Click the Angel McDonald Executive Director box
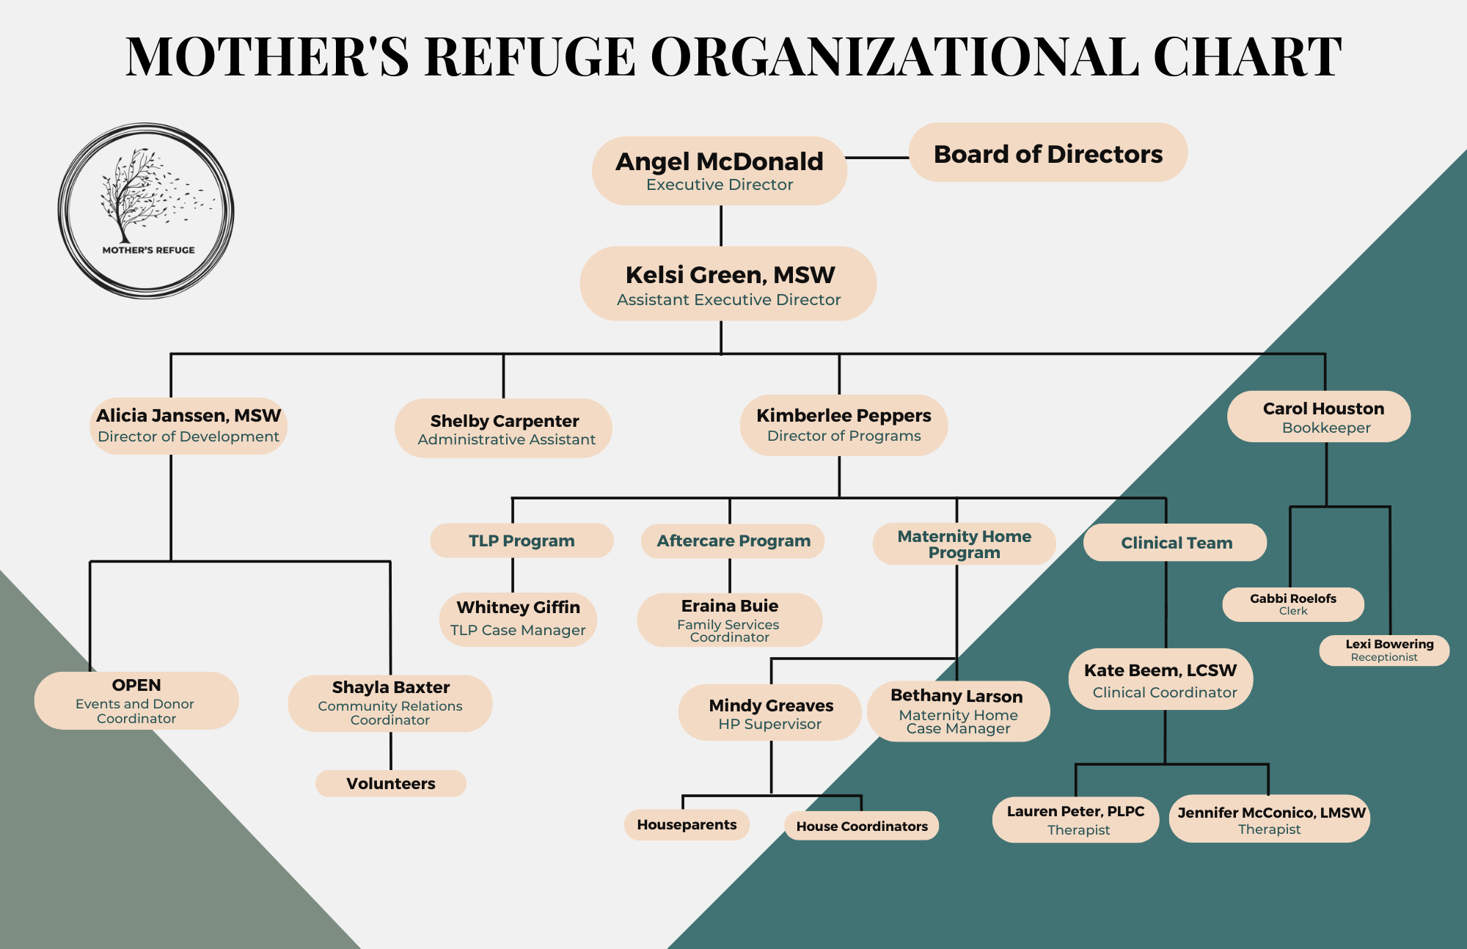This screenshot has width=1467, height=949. pos(720,171)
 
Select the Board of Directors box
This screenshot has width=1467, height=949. pos(1048,153)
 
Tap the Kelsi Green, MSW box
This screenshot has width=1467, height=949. pos(728,284)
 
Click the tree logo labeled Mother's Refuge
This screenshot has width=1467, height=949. pos(146,210)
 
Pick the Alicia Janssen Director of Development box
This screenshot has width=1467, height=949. pos(189,425)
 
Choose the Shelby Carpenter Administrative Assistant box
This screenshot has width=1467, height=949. pos(504,429)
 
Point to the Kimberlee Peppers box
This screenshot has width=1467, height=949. pos(844,425)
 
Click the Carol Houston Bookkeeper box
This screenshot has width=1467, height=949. pos(1319,417)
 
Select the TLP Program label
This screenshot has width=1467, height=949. pos(522,541)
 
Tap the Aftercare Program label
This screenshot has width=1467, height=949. pos(733,541)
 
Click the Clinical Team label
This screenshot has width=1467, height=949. pos(1175,543)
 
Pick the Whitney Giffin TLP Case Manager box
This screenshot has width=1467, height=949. pos(518,619)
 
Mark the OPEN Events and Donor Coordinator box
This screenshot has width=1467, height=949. pos(136,700)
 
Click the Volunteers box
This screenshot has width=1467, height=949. pos(391,783)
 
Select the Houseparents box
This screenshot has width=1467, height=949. pos(687,824)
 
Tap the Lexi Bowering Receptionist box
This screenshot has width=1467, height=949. pos(1384,651)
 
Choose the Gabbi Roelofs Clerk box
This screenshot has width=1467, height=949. pos(1293,604)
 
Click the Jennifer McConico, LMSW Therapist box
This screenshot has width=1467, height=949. pos(1270,819)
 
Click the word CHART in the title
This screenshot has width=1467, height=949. pos(1247,57)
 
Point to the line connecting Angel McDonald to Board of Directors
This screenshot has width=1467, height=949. pos(878,158)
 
